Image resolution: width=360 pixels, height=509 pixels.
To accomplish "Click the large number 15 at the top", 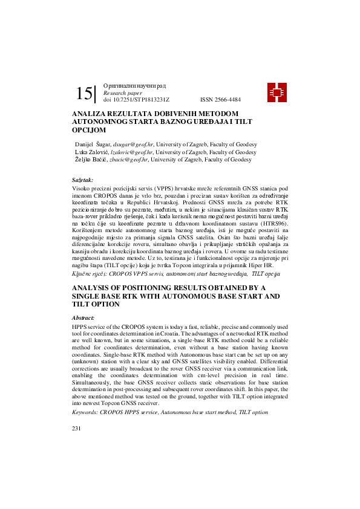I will [85, 94].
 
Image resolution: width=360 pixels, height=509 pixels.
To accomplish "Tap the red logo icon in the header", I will [277, 92].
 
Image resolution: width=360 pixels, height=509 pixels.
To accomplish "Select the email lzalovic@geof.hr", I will [133, 152].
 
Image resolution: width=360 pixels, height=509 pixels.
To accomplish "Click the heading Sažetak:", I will [83, 180].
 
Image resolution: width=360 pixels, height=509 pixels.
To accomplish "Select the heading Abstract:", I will [83, 317].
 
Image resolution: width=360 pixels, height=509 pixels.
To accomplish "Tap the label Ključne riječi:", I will [91, 274].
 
